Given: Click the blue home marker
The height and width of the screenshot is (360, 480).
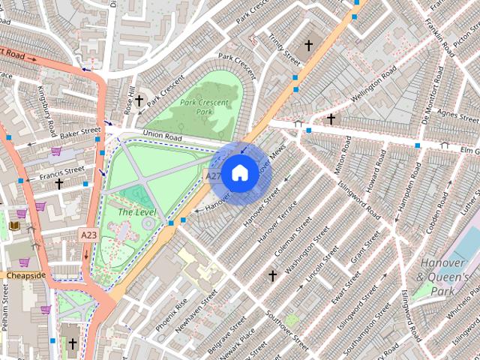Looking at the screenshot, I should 239,173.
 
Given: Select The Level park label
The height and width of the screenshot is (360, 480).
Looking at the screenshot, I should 135,211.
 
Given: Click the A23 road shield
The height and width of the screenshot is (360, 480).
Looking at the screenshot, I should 88,235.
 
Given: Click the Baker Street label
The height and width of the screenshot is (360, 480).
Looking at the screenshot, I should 80,132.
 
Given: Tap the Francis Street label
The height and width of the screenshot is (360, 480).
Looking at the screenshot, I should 61,174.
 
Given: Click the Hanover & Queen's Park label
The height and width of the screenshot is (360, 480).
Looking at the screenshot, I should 443,277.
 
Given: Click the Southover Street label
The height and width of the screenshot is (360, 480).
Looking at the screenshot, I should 288,330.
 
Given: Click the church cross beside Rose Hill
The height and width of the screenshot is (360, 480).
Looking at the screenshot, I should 139,100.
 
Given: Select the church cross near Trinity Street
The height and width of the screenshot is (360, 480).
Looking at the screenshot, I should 307,46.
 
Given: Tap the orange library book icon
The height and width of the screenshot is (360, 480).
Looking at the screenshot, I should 13,225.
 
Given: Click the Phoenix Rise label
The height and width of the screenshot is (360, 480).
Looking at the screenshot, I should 171,314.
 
